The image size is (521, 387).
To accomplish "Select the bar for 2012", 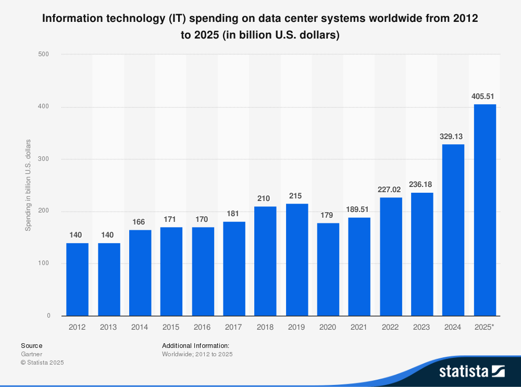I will pyautogui.click(x=78, y=279).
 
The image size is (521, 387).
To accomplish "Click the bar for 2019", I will pyautogui.click(x=297, y=259).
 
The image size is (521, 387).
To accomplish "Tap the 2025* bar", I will pyautogui.click(x=485, y=210).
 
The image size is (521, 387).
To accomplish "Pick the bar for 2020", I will pyautogui.click(x=328, y=269).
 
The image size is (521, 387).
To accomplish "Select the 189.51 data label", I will pyautogui.click(x=359, y=209).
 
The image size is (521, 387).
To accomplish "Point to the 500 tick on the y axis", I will pyautogui.click(x=45, y=54).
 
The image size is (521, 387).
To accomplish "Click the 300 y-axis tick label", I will pyautogui.click(x=45, y=159).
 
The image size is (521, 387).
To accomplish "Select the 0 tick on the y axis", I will pyautogui.click(x=48, y=316).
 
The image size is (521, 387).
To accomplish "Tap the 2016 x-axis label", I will pyautogui.click(x=203, y=327).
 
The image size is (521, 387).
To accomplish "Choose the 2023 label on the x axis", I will pyautogui.click(x=422, y=327).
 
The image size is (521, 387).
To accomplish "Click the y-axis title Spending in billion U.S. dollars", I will pyautogui.click(x=28, y=185).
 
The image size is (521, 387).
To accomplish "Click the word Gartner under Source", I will pyautogui.click(x=31, y=354).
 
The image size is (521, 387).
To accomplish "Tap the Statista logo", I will pyautogui.click(x=472, y=371).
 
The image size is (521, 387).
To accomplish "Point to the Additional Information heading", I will pyautogui.click(x=195, y=345).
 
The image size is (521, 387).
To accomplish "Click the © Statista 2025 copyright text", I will pyautogui.click(x=42, y=363).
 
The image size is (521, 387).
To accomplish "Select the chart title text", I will pyautogui.click(x=260, y=27).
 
